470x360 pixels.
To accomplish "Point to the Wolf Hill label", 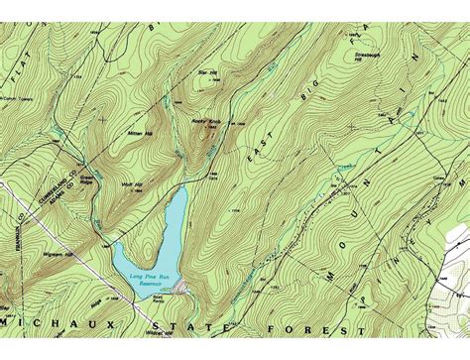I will [131, 183].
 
